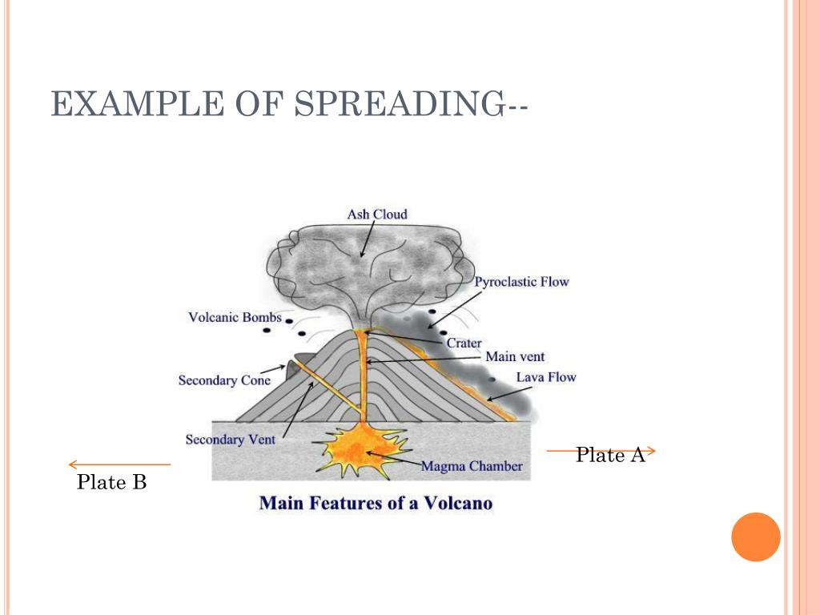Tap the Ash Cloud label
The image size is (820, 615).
coord(376,215)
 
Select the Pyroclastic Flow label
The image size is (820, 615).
coord(521,282)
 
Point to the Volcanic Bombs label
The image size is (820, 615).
coord(235,317)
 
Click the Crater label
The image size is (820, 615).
coord(464,343)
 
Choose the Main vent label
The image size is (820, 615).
coord(515,356)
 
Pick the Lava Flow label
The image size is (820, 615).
coord(545,377)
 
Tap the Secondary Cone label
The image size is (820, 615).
coord(224,380)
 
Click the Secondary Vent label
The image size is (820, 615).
coord(230,439)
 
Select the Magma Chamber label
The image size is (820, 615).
coord(471,466)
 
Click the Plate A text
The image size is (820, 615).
coord(610,456)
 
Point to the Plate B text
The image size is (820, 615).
coord(111,482)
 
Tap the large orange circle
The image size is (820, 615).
coord(755,537)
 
